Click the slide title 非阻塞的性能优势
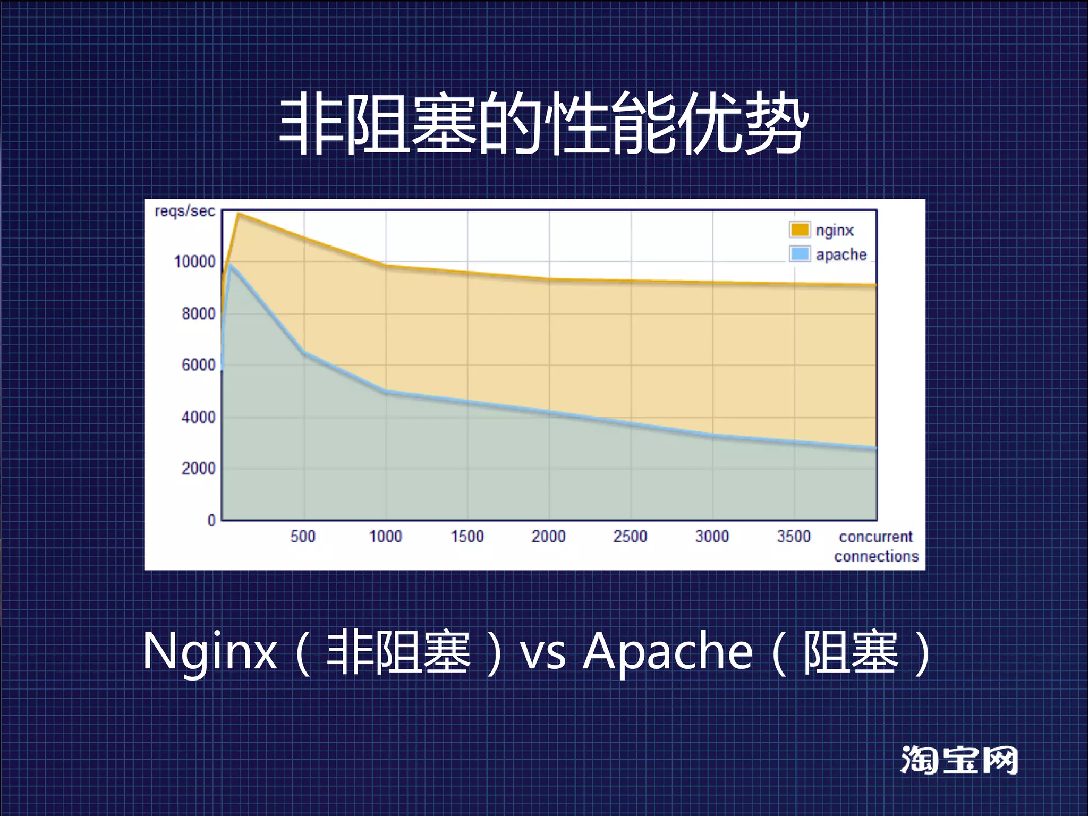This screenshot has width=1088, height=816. [x=543, y=123]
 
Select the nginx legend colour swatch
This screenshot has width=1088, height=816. [x=800, y=229]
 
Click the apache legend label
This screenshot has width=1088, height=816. [x=841, y=254]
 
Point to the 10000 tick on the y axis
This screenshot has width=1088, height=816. [x=195, y=261]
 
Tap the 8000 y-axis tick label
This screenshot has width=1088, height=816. [x=198, y=313]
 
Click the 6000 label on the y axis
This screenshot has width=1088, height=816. [x=198, y=365]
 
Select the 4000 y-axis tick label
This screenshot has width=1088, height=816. [x=198, y=417]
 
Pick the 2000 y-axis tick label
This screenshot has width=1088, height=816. [x=198, y=469]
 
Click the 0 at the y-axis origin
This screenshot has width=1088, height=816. [x=211, y=520]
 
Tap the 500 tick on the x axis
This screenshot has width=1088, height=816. [x=303, y=536]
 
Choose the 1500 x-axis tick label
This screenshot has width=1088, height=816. [x=467, y=536]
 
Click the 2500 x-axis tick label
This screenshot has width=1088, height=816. [x=630, y=536]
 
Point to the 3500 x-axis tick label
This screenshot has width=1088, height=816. [x=794, y=536]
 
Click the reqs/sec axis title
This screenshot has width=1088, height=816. [x=185, y=211]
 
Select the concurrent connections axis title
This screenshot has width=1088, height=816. [x=876, y=546]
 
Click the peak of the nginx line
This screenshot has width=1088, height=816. [x=239, y=214]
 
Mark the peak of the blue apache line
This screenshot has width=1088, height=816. [x=229, y=264]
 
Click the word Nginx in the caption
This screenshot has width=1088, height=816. [x=210, y=651]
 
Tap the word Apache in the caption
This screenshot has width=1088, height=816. [x=668, y=651]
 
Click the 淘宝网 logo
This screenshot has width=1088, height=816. [x=959, y=760]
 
